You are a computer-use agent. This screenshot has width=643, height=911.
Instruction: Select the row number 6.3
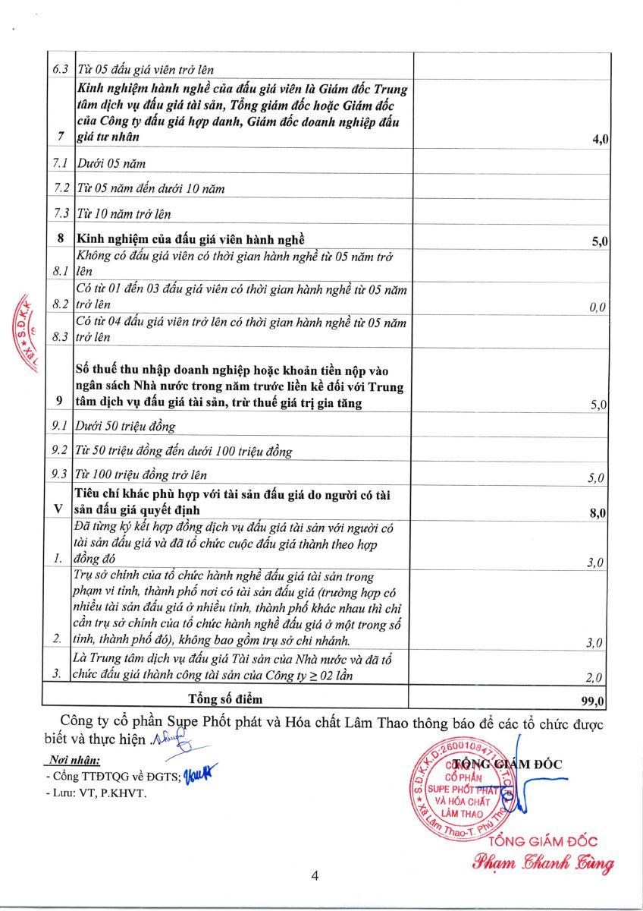pyautogui.click(x=60, y=69)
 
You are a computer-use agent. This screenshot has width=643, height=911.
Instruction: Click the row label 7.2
pyautogui.click(x=60, y=188)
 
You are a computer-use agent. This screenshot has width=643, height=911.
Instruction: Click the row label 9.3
pyautogui.click(x=60, y=476)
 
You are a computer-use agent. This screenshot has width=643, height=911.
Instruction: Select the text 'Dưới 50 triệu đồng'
pyautogui.click(x=126, y=426)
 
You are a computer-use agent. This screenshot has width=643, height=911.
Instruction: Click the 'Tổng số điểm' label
pyautogui.click(x=225, y=698)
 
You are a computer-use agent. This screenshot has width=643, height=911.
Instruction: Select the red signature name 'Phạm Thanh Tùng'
pyautogui.click(x=543, y=862)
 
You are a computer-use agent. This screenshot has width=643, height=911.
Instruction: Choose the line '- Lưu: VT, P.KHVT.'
pyautogui.click(x=96, y=793)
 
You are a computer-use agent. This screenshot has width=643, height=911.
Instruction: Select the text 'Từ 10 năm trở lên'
pyautogui.click(x=124, y=214)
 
